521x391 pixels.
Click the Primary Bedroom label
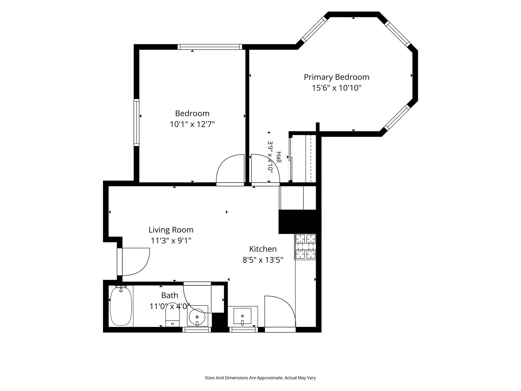coord(336,77)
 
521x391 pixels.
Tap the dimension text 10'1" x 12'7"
coord(192,124)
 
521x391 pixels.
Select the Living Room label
coord(171,230)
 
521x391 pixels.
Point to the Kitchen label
coord(263,249)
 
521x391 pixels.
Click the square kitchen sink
coord(242,316)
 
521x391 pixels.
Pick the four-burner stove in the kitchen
coord(305,247)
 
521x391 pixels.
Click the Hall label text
coord(279,157)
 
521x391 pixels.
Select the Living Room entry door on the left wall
coord(133,262)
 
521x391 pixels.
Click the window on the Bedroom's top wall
coord(210,47)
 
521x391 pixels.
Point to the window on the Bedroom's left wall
coord(137,122)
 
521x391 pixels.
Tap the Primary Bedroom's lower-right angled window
coord(397,118)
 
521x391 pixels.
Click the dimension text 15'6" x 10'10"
coord(337,88)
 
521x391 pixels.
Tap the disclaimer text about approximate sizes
coord(260,378)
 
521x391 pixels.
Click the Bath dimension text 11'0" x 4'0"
coord(170,306)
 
